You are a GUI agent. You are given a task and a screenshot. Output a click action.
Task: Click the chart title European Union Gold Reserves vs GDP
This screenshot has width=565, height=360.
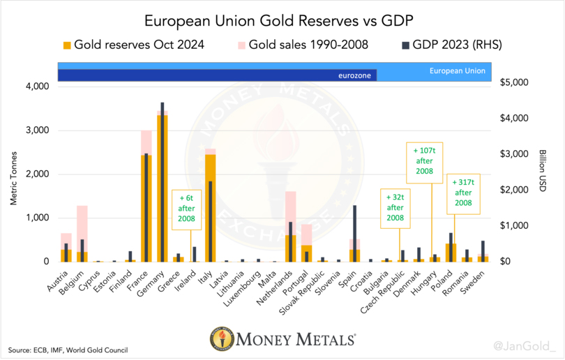click(x=282, y=20)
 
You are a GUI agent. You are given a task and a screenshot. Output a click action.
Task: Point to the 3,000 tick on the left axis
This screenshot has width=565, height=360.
click(x=37, y=130)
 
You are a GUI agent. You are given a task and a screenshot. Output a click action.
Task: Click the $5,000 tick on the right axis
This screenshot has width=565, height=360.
click(x=516, y=82)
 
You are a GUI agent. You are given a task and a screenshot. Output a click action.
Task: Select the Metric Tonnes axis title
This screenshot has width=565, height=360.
click(x=14, y=174)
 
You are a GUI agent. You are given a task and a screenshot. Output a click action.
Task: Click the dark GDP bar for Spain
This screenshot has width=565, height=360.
click(x=354, y=230)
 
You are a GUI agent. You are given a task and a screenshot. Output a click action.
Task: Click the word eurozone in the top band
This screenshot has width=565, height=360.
click(x=353, y=75)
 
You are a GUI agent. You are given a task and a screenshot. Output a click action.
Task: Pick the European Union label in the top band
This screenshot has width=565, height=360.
click(x=458, y=70)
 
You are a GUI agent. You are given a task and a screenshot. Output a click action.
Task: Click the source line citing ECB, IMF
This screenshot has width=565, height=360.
click(x=68, y=349)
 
